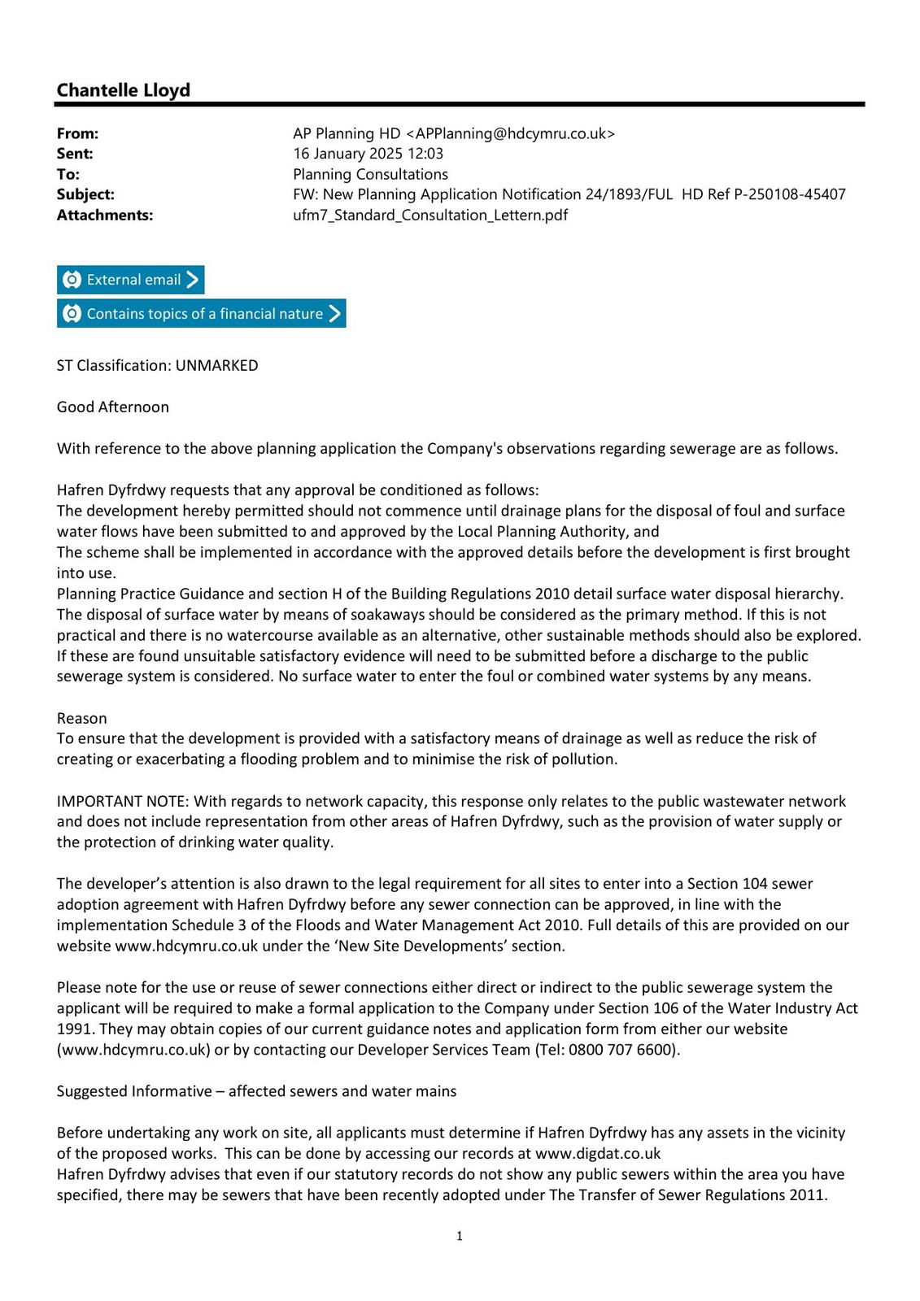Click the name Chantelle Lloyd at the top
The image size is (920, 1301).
tap(123, 90)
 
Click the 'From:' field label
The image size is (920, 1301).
tap(77, 133)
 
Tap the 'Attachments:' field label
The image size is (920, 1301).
tap(104, 215)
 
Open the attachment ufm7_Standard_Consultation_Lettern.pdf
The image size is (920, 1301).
tap(429, 215)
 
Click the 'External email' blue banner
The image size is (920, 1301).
tap(130, 280)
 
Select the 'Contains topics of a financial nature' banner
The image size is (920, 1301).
tap(201, 314)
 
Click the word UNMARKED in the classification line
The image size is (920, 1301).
tap(216, 366)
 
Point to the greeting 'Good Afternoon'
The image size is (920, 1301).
tap(113, 407)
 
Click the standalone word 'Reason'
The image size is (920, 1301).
tap(81, 719)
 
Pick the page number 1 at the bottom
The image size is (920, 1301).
tap(460, 1237)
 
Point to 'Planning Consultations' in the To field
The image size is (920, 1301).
tap(370, 174)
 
